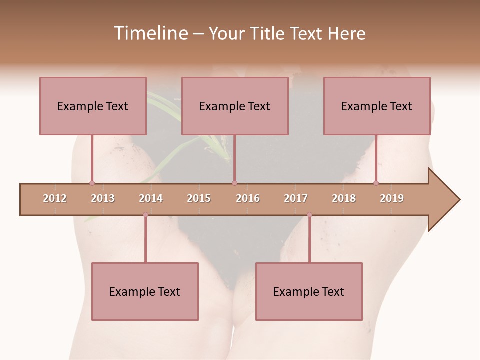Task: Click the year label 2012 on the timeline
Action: [x=55, y=198]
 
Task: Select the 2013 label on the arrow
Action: [x=103, y=198]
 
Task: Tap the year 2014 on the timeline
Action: [x=151, y=198]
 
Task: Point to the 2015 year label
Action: [x=199, y=198]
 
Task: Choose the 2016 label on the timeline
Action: [x=248, y=198]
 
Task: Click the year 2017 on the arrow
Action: [x=296, y=198]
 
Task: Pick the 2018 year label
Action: [x=344, y=198]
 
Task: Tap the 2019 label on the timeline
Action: [x=392, y=198]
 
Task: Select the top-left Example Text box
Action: [x=93, y=106]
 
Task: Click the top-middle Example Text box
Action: [x=235, y=106]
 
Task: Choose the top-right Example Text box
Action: [x=377, y=106]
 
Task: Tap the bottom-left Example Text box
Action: [x=145, y=292]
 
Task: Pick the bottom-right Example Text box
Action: [x=309, y=292]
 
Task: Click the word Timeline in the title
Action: [x=150, y=33]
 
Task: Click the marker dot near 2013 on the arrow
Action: [x=92, y=183]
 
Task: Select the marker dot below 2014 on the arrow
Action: [x=145, y=215]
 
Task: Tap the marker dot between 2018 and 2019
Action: [x=376, y=183]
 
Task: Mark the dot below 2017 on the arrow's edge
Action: [x=309, y=215]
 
